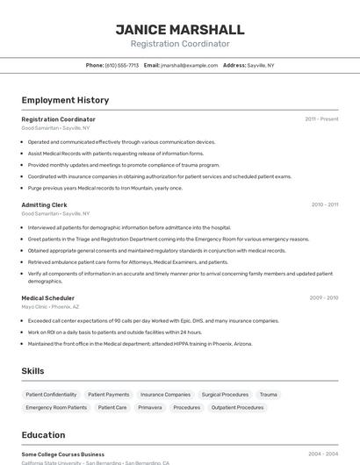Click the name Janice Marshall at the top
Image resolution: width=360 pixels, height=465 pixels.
[x=180, y=29]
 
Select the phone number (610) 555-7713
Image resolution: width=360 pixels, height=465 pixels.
[x=121, y=65]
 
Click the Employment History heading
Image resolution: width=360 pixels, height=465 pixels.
[x=65, y=100]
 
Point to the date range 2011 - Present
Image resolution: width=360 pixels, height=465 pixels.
[x=321, y=118]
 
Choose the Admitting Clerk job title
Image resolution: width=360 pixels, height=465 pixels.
[x=44, y=204]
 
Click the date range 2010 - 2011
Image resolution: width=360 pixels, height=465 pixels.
[x=324, y=204]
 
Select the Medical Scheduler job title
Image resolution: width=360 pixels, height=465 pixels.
[x=47, y=297]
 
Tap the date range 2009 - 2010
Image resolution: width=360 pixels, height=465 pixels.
[x=324, y=297]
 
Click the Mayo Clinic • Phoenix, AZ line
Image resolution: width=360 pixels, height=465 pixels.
[x=50, y=307]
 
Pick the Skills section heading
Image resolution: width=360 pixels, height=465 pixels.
[x=32, y=371]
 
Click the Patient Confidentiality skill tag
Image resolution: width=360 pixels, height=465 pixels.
[x=51, y=395]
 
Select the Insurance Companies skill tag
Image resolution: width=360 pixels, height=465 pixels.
[x=165, y=395]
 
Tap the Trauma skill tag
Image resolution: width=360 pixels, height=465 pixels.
[x=268, y=395]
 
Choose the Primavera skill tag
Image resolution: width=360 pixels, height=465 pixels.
[x=150, y=407]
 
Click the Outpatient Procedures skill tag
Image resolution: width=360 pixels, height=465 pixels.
[x=237, y=407]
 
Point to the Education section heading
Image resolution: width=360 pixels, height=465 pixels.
[x=43, y=434]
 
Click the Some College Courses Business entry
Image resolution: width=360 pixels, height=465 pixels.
[x=63, y=454]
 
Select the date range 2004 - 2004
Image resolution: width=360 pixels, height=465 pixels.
[x=323, y=454]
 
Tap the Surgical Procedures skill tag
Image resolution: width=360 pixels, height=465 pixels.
[x=225, y=395]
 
